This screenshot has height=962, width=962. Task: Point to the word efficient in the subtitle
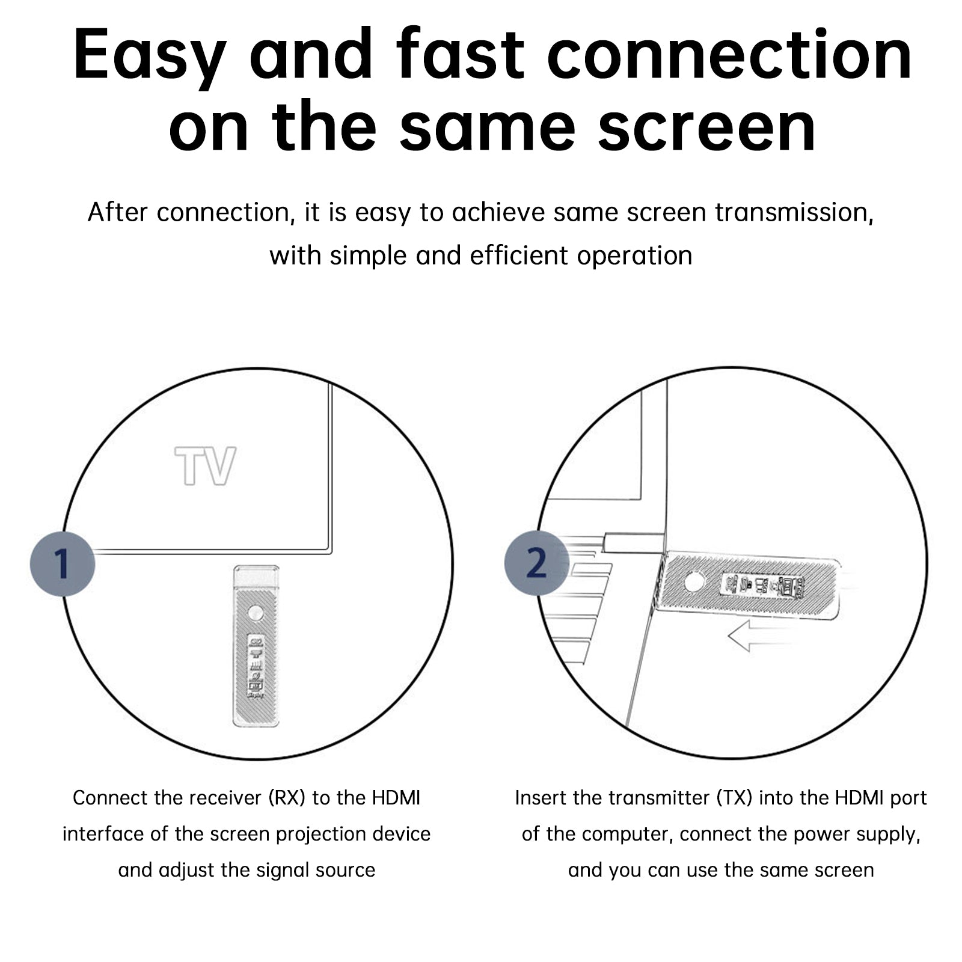pyautogui.click(x=520, y=256)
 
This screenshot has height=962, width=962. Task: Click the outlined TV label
pyautogui.click(x=205, y=465)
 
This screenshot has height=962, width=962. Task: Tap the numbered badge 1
pyautogui.click(x=63, y=564)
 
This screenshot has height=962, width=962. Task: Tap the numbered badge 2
pyautogui.click(x=536, y=564)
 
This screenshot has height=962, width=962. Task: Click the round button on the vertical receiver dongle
pyautogui.click(x=256, y=613)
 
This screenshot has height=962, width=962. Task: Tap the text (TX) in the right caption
pyautogui.click(x=735, y=798)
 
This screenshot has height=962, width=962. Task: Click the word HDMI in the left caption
pyautogui.click(x=396, y=798)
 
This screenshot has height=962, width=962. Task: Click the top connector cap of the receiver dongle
pyautogui.click(x=256, y=577)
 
